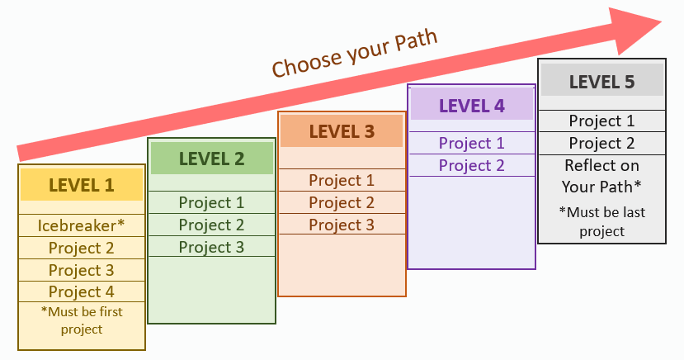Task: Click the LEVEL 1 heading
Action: click(81, 186)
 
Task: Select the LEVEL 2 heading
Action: click(211, 159)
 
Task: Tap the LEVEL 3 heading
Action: click(342, 132)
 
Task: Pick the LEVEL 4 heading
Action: click(472, 106)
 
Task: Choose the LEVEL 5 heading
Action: click(602, 82)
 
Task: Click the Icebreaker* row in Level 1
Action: click(81, 225)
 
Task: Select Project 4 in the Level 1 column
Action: click(81, 291)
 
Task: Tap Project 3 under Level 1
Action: click(81, 270)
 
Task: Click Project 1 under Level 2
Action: click(211, 202)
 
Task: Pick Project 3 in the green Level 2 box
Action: click(211, 247)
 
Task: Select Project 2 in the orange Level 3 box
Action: click(342, 202)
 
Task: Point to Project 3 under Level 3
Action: click(342, 225)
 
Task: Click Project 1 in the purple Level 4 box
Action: click(472, 143)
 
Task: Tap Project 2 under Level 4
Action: click(472, 165)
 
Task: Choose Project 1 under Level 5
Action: click(602, 121)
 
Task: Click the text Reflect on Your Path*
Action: click(602, 176)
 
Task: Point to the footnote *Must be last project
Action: click(602, 221)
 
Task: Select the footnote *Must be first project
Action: click(82, 320)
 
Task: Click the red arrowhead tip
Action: click(662, 21)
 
